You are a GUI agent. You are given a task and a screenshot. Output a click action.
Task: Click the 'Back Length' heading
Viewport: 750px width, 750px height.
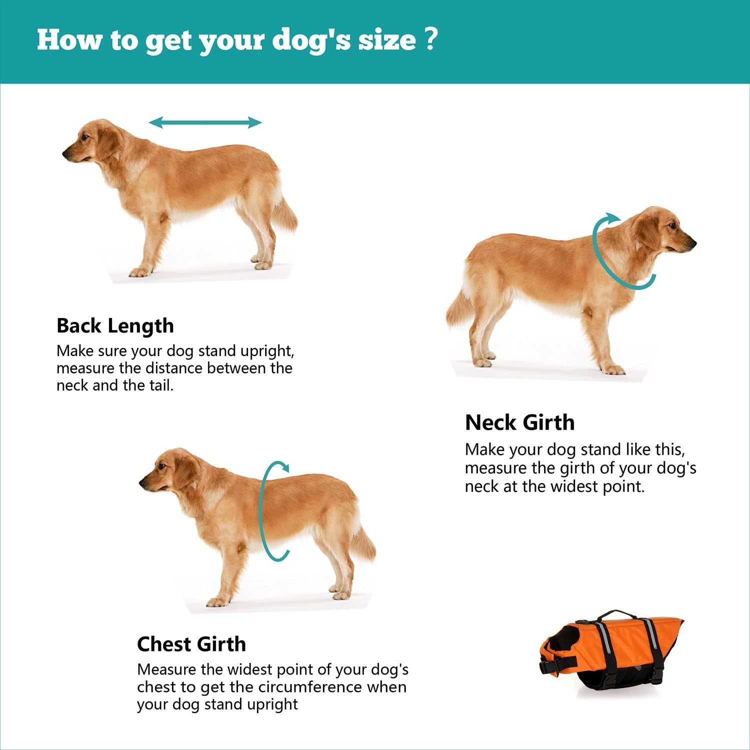115,326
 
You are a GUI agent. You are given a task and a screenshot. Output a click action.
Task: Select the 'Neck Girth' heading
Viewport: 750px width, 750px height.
519,422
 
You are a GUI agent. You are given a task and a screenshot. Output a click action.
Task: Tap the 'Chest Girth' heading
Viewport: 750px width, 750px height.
191,644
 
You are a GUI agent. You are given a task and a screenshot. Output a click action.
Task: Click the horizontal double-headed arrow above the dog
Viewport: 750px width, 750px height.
205,122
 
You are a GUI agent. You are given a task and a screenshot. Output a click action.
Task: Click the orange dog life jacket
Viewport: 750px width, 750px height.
615,650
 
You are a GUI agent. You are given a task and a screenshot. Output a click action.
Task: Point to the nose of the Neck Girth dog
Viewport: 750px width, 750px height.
693,243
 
